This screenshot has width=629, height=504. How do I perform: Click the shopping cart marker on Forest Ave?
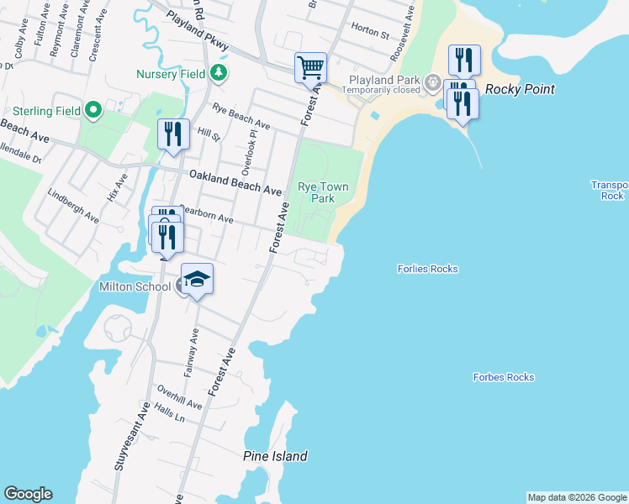310,67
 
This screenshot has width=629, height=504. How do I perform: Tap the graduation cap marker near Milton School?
197,278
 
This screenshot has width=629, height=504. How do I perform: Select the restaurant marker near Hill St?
173,134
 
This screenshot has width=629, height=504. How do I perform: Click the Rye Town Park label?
316,192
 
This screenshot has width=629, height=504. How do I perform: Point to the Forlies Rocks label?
427,269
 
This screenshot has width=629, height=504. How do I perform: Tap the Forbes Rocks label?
503,377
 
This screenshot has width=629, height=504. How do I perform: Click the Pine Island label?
275,457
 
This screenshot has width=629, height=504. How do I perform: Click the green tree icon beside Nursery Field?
219,73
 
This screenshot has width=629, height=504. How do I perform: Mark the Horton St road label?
371,34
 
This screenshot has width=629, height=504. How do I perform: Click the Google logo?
28,494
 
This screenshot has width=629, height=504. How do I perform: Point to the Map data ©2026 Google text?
577,497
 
